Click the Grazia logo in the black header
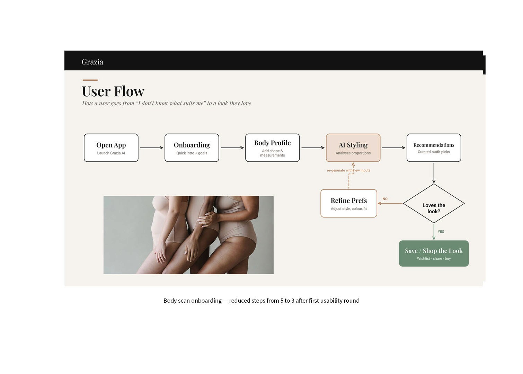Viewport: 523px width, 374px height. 92,62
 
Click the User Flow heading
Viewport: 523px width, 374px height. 113,91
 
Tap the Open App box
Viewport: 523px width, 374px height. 111,148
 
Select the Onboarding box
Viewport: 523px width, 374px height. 192,148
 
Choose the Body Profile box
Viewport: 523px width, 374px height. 273,148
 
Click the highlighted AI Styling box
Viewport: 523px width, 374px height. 353,148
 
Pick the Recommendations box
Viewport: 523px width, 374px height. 434,148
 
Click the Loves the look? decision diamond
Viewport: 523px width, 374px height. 434,203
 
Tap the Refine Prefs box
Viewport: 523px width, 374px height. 349,203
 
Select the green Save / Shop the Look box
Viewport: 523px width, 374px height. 434,253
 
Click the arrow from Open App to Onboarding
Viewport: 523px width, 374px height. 151,148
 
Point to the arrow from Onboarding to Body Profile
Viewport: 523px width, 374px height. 232,148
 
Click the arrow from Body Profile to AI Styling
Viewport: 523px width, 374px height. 313,148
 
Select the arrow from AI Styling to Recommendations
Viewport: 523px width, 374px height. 394,148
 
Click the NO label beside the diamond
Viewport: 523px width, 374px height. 385,199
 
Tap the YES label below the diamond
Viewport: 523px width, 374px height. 441,232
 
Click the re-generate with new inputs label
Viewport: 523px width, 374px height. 348,170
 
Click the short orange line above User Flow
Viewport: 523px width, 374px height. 90,80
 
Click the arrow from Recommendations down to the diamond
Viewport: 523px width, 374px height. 434,173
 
